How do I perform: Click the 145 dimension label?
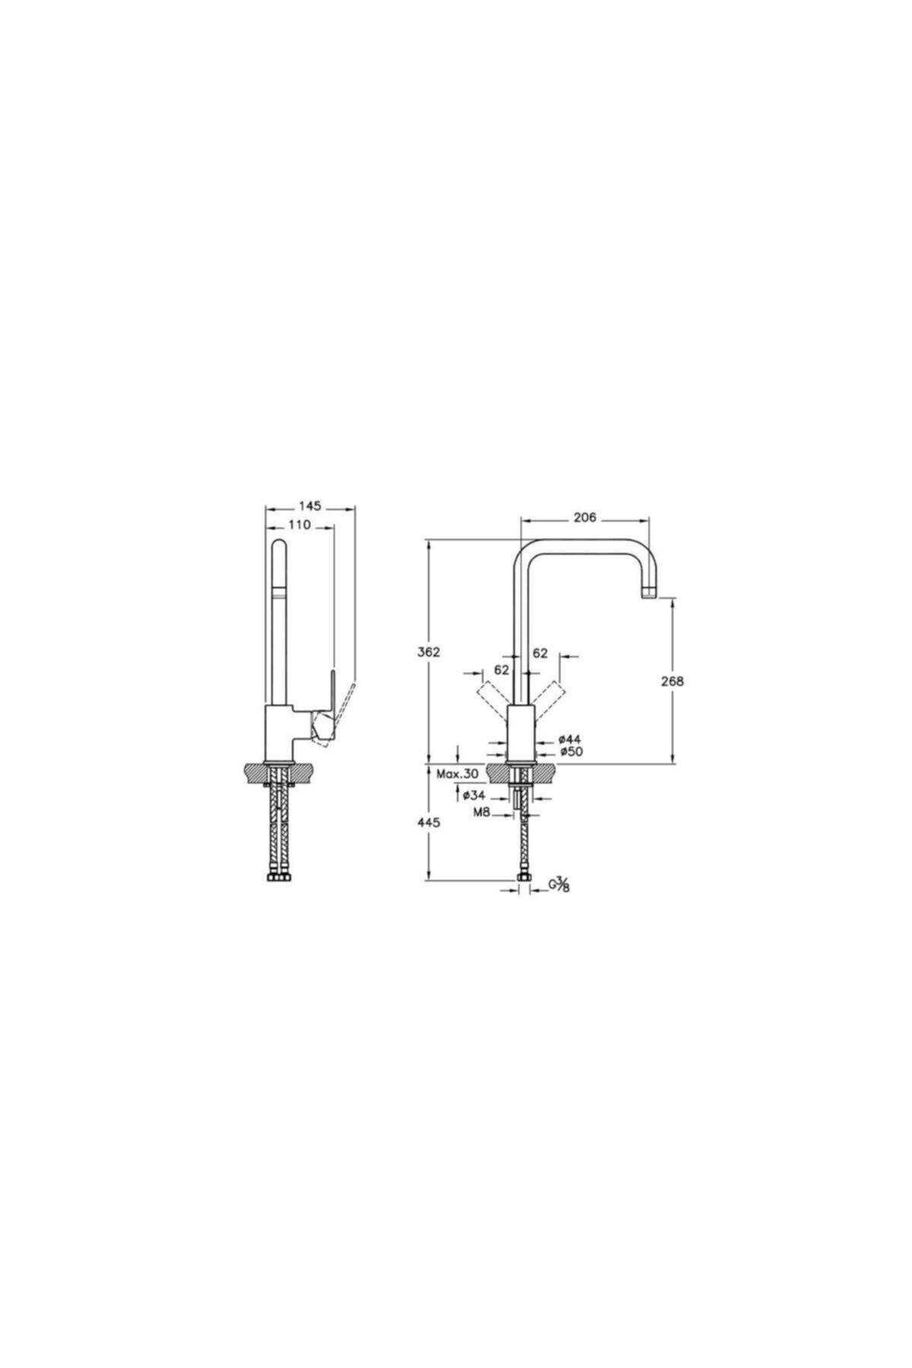[310, 505]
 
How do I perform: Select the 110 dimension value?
[299, 525]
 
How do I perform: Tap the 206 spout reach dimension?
[584, 518]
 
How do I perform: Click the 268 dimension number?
[673, 681]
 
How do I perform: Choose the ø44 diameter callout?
[569, 739]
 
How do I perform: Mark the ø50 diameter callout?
[569, 752]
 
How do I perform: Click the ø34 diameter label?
[473, 795]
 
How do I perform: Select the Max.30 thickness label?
[458, 774]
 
